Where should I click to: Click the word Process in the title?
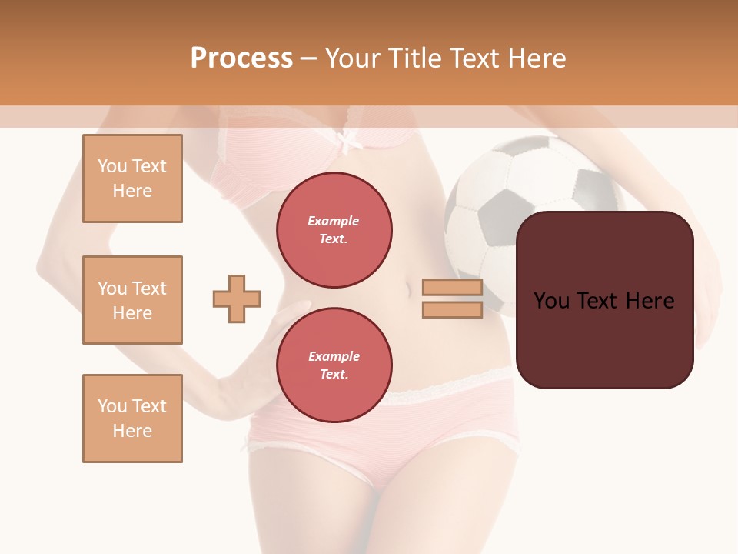[x=241, y=58]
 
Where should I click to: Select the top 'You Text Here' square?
[x=132, y=179]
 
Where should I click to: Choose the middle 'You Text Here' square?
[x=132, y=300]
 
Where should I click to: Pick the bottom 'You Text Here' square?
[x=132, y=419]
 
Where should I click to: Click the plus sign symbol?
[x=237, y=299]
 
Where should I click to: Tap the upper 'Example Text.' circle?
[x=334, y=230]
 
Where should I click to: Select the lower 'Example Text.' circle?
[x=334, y=365]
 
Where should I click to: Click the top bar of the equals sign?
[x=452, y=288]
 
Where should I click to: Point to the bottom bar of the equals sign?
[x=452, y=309]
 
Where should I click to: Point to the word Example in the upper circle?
[x=334, y=222]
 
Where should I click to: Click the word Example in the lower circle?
[x=334, y=357]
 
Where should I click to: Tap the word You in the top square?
[x=112, y=166]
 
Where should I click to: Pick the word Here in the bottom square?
[x=132, y=431]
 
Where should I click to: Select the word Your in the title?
[x=353, y=58]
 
